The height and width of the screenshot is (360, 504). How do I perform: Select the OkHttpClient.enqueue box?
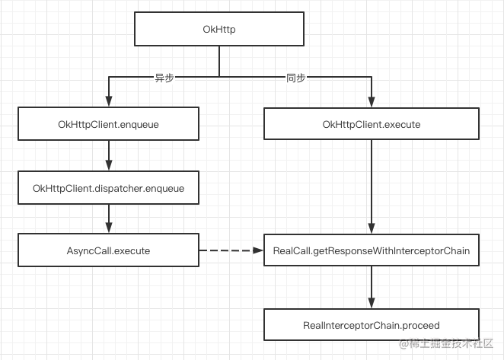click(108, 124)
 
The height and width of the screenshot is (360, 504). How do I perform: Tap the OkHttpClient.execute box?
click(372, 124)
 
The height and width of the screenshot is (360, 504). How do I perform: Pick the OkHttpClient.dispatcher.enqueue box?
click(108, 187)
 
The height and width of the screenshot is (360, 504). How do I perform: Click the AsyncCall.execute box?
click(108, 250)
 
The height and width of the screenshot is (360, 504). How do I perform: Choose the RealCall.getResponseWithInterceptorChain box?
click(372, 250)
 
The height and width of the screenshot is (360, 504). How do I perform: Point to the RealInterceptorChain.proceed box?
click(372, 325)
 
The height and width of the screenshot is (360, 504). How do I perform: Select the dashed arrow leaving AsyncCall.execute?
click(228, 250)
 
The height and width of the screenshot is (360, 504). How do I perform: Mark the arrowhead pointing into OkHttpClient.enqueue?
click(108, 103)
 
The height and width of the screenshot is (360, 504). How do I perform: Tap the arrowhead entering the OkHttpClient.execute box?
click(372, 103)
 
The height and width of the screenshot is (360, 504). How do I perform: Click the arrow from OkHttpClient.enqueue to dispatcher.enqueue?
click(108, 155)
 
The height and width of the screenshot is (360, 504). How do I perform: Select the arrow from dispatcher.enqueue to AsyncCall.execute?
click(108, 218)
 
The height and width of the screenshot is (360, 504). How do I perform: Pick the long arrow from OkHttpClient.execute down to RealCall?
click(372, 186)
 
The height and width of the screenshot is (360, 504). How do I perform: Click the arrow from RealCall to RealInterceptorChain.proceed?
click(372, 287)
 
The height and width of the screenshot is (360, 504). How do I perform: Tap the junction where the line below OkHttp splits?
click(219, 77)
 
